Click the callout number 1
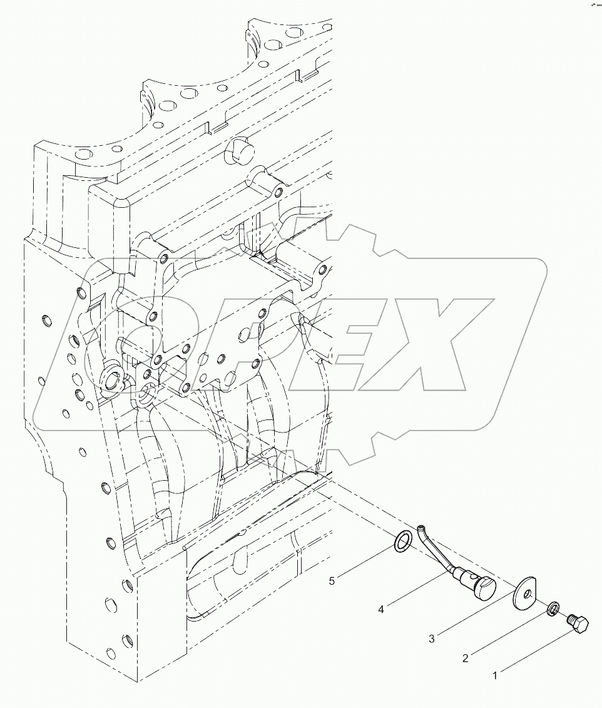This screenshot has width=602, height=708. tap(495, 675)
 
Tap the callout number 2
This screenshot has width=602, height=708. tap(465, 658)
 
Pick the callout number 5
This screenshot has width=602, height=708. tap(332, 581)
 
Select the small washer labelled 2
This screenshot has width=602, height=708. tap(553, 608)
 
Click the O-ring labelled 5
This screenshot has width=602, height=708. tap(404, 541)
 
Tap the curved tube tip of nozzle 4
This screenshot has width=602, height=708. tap(422, 528)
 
